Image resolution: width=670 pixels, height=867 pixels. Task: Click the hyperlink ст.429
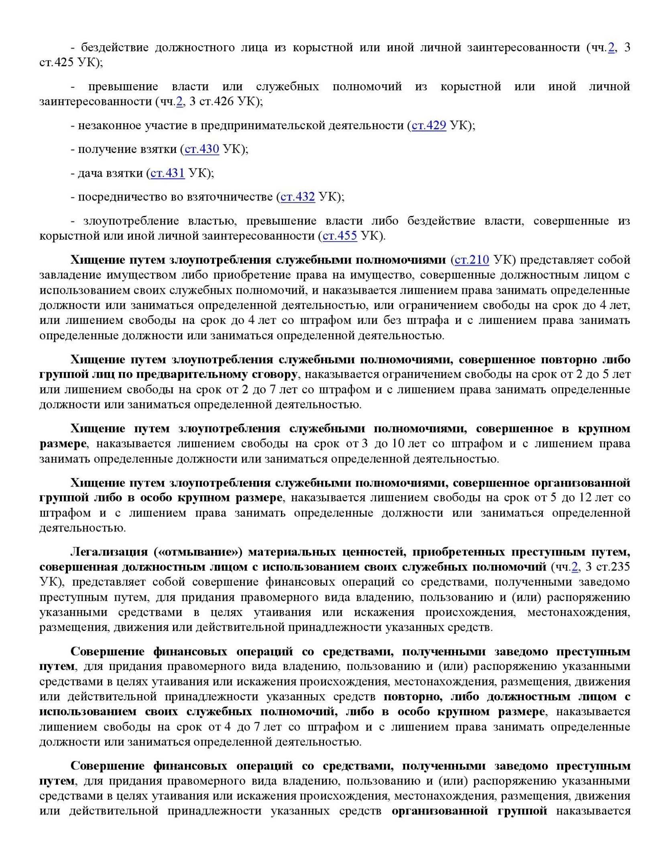[x=429, y=126]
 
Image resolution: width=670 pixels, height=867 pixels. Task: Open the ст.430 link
[x=202, y=149]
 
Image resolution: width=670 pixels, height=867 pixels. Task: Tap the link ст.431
[x=167, y=173]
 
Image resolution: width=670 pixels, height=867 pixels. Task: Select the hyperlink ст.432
[x=297, y=197]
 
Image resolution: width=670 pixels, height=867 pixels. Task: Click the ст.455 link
[x=340, y=235]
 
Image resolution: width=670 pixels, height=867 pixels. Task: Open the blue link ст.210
[x=472, y=260]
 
